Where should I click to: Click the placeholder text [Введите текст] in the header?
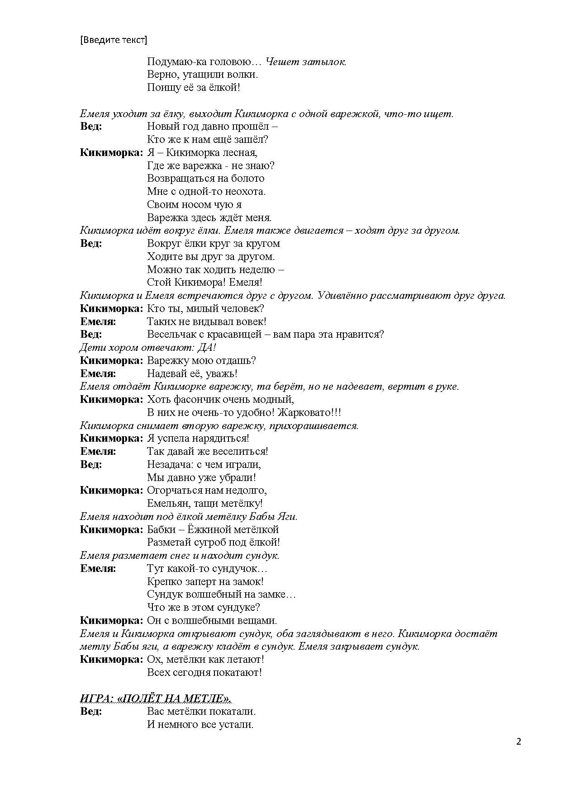point(114,40)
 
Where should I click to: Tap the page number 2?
point(518,741)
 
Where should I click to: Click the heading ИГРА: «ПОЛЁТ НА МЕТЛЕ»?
point(155,699)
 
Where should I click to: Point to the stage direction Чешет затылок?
point(306,61)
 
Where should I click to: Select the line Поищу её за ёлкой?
point(193,88)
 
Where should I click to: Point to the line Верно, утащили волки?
point(202,75)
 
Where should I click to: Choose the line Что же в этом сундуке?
point(203,607)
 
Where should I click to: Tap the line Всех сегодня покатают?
point(204,672)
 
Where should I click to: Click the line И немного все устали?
point(200,724)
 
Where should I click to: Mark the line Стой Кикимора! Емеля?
point(204,283)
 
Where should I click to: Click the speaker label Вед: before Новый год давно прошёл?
point(91,127)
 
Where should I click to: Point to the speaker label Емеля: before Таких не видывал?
point(98,322)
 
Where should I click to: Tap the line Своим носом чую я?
point(194,204)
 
